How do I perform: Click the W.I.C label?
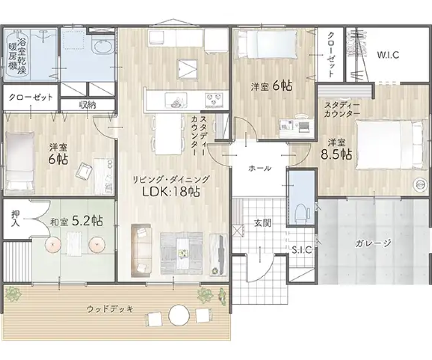pos(388,55)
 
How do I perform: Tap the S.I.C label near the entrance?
pos(302,250)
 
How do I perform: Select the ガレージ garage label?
pos(373,243)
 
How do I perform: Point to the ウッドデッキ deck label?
pos(110,309)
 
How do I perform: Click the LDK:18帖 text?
pos(171,192)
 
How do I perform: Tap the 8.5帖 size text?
pos(336,155)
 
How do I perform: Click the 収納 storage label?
pos(88,104)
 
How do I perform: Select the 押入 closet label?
pos(16,219)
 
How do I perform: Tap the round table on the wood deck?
pos(179,315)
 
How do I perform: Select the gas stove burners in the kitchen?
pos(214,100)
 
